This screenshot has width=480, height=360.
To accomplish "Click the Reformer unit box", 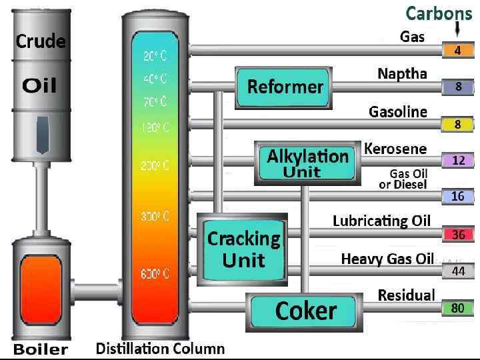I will coord(285,87).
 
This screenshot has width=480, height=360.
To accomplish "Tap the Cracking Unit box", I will coord(243,247).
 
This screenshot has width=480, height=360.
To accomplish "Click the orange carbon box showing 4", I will coord(458,50).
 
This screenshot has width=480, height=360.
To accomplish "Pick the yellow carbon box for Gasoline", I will coord(458,124).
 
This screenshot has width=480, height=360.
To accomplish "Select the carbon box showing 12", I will coord(458,160).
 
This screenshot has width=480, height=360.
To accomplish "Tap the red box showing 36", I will coord(458,235).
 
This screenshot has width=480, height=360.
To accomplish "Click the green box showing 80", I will coord(458,308).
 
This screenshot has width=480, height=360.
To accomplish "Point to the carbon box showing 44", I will coord(458,271).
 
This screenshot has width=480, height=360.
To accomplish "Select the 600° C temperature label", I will coord(155,273).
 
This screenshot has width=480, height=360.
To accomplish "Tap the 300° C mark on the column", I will coord(155,216).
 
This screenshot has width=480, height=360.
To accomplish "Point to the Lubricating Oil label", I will coord(382,221).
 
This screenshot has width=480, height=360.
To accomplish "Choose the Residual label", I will coord(406,295).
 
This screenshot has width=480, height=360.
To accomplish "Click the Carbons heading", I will coord(439,13).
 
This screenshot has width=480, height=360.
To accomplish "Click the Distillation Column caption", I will coord(160,348).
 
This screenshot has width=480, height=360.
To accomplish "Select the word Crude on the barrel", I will coord(41,41).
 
